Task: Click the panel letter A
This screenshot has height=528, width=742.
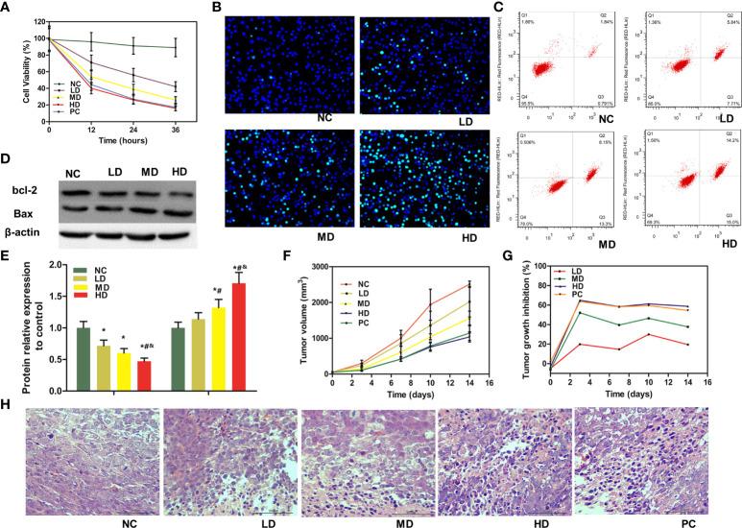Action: pyautogui.click(x=9, y=9)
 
